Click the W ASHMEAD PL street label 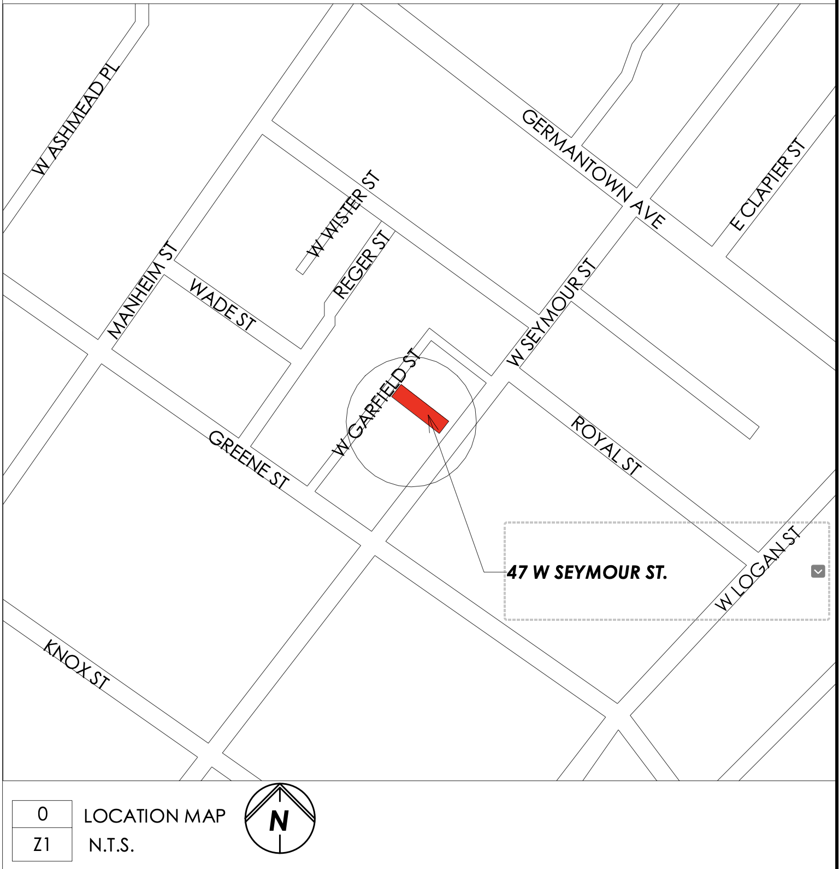pyautogui.click(x=76, y=119)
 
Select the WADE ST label pyautogui.click(x=222, y=304)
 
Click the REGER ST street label pyautogui.click(x=362, y=265)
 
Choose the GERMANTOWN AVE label pyautogui.click(x=593, y=168)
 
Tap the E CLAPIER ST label pyautogui.click(x=768, y=184)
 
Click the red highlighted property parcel pyautogui.click(x=421, y=409)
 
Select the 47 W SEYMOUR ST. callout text pyautogui.click(x=587, y=572)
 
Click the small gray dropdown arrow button pyautogui.click(x=818, y=572)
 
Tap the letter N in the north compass pyautogui.click(x=279, y=821)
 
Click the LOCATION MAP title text pyautogui.click(x=155, y=816)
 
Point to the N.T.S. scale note pyautogui.click(x=111, y=846)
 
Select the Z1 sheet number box pyautogui.click(x=42, y=845)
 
